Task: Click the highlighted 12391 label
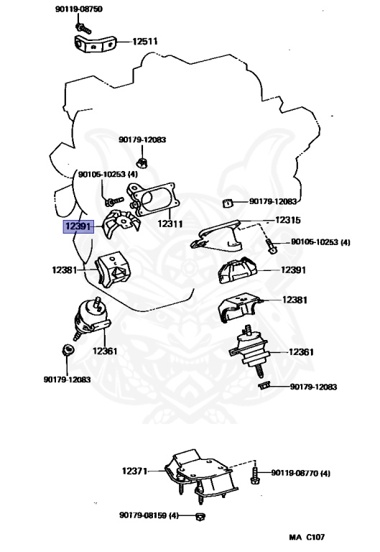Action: point(78,226)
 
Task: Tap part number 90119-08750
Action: point(79,9)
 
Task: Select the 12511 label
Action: point(145,42)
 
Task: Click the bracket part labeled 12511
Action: point(95,45)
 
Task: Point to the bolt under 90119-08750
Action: point(83,28)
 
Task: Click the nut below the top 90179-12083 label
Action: point(142,163)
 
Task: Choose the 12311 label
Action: point(170,224)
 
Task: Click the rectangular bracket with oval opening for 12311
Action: point(152,199)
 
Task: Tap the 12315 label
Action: point(288,220)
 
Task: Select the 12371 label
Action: point(135,471)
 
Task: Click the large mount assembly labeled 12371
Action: point(200,474)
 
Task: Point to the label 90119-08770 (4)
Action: point(300,473)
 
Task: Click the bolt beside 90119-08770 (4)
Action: point(256,472)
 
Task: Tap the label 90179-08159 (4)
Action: point(149,515)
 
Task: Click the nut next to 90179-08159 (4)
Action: point(200,517)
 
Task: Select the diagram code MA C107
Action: point(307,537)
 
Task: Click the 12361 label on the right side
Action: point(301,351)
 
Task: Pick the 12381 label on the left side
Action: point(65,270)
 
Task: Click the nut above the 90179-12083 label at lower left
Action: point(68,349)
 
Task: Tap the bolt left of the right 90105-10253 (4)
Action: point(271,245)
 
